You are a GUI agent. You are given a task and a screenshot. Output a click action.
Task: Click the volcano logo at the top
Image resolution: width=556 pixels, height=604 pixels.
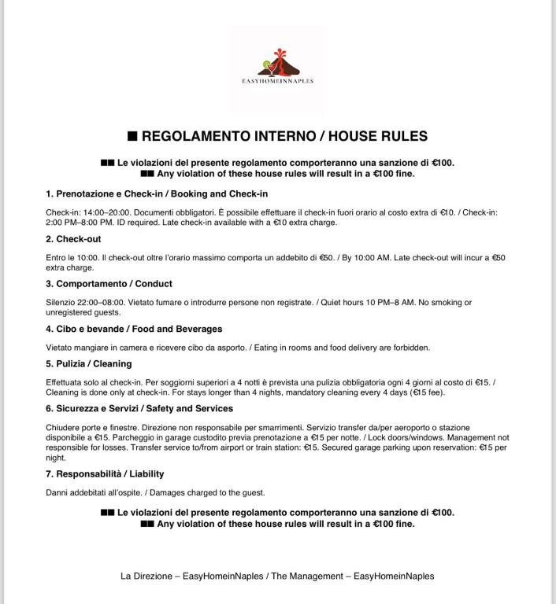(x=277, y=61)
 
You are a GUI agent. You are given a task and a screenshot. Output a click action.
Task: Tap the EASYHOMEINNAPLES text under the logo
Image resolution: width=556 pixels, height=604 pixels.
(x=277, y=81)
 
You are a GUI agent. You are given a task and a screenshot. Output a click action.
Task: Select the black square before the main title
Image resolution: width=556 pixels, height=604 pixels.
(x=132, y=136)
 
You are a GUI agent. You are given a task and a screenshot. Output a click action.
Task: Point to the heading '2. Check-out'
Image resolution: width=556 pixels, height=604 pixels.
(x=73, y=239)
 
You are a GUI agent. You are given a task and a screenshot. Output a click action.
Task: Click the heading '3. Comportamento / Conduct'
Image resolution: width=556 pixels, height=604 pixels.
(x=109, y=284)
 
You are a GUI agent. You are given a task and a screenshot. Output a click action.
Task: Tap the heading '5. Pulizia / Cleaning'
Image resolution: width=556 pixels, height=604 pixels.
(x=89, y=364)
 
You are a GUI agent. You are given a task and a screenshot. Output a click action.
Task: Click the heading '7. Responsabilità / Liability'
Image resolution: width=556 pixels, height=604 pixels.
(x=105, y=474)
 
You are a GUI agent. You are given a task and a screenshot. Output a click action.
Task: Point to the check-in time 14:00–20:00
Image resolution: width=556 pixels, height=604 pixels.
(x=102, y=212)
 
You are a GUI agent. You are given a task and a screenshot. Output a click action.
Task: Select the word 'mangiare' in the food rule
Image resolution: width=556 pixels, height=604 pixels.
(x=91, y=347)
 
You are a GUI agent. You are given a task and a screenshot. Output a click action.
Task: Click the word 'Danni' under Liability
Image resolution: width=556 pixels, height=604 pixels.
(x=57, y=492)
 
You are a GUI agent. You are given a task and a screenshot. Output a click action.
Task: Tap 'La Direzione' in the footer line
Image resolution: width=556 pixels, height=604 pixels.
(x=146, y=576)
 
